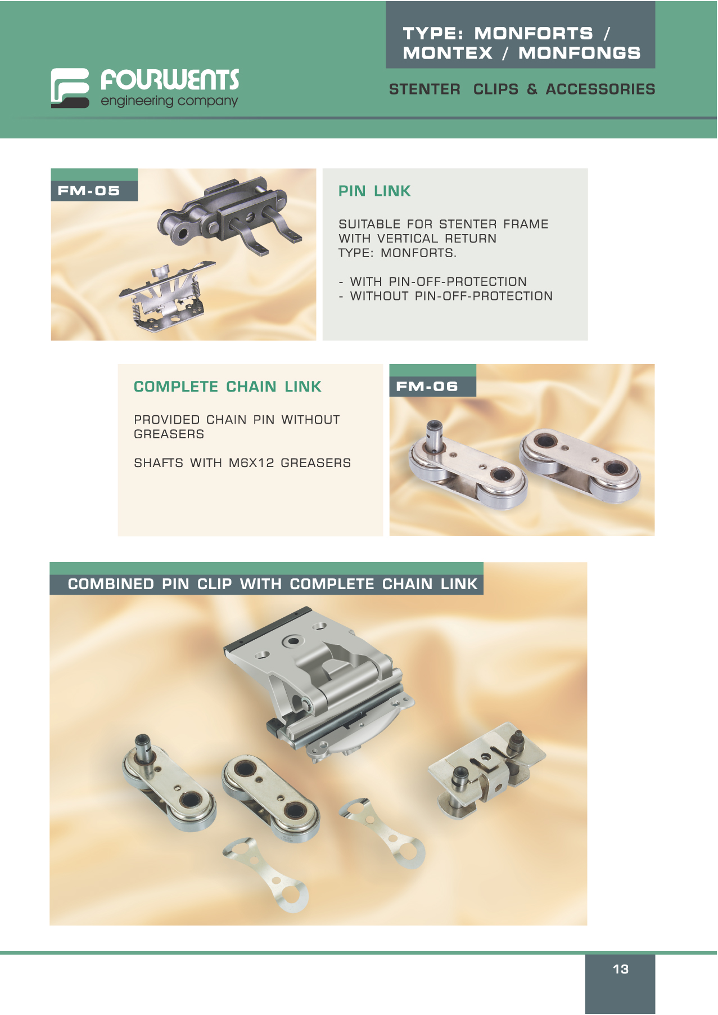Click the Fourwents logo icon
point(70,88)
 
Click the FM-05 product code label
point(89,191)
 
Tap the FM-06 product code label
point(427,387)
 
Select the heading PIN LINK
point(374,191)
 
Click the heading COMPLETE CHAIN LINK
point(228,387)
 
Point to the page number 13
point(621,969)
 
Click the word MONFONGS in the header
point(579,53)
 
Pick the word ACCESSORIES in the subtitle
point(600,89)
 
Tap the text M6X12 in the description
point(251,462)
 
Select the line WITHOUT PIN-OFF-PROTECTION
point(451,296)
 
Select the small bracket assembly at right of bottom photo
point(486,769)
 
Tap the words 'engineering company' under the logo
point(169,101)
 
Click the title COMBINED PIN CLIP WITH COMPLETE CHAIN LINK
point(273,584)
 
